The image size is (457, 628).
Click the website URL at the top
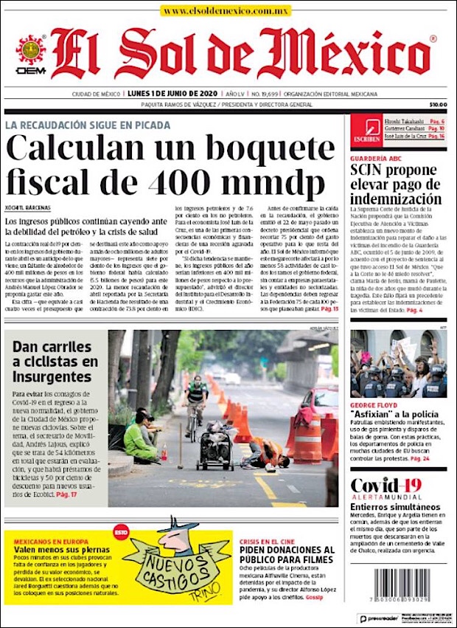226,11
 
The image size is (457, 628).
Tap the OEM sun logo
31,52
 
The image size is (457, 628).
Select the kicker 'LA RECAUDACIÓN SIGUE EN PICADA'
88,125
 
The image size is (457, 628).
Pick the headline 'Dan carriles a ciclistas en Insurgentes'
55,361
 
